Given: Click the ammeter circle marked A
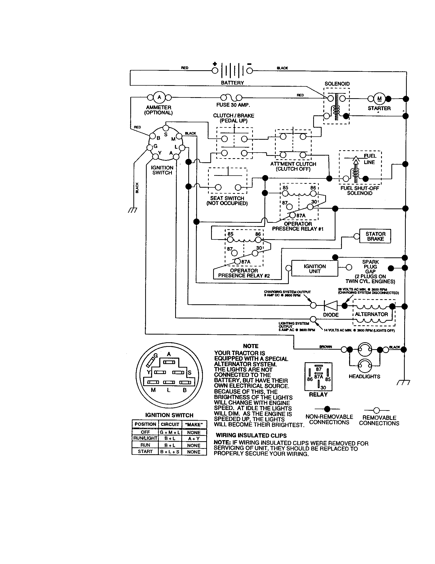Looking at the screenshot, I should [159, 97].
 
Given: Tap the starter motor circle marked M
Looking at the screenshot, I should [379, 98].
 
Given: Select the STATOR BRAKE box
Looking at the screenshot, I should [375, 236].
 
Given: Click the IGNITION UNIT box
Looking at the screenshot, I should [314, 269].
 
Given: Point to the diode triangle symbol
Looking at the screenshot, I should [331, 306].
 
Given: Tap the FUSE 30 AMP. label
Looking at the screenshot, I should [233, 105].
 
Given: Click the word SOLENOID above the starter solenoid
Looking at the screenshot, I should [337, 84].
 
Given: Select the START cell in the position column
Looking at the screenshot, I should [145, 451].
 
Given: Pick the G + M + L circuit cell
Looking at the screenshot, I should [170, 432].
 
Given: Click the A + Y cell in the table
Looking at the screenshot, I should [194, 438].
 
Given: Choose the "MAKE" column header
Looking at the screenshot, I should [194, 424].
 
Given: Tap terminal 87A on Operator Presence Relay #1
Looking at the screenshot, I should [292, 215].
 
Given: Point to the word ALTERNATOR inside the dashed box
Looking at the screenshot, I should [371, 314].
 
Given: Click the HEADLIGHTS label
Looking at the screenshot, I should [364, 377].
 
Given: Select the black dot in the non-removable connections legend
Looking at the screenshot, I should [327, 409].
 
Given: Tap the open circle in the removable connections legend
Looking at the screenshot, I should [376, 410].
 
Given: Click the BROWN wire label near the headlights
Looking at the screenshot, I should [325, 347].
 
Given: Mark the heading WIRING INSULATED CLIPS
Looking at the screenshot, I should [251, 436].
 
